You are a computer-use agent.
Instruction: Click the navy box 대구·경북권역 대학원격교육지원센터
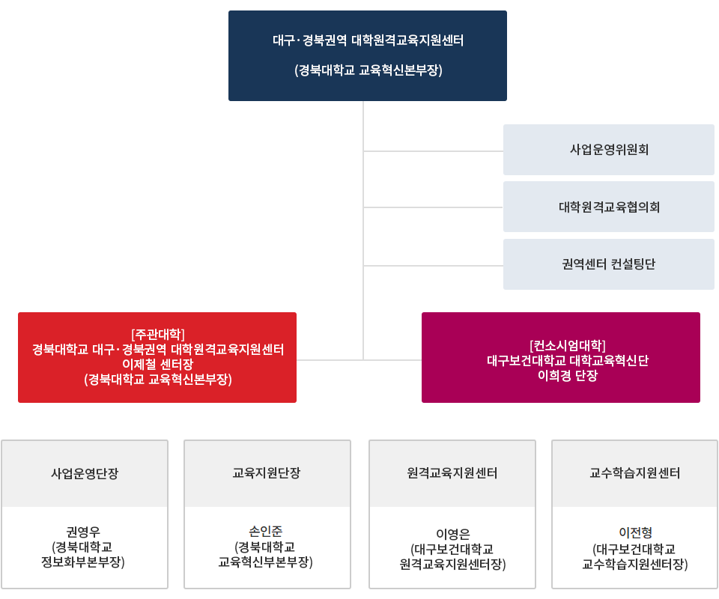[x=367, y=41]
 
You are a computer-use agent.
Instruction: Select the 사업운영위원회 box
[x=608, y=150]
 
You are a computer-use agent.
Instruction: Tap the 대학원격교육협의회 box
[x=608, y=207]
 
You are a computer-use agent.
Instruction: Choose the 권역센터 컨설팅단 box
[x=608, y=264]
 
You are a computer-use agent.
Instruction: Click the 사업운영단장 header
[x=85, y=473]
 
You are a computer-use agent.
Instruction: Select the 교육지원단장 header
[x=267, y=473]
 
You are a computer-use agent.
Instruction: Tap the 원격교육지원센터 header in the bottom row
[x=452, y=473]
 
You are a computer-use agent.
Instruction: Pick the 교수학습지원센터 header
[x=635, y=473]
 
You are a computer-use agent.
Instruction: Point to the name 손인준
[x=266, y=531]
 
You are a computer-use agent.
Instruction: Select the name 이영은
[x=452, y=534]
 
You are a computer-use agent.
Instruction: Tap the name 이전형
[x=635, y=533]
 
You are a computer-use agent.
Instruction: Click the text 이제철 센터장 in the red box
[x=157, y=365]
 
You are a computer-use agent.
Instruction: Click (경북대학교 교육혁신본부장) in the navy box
[x=368, y=70]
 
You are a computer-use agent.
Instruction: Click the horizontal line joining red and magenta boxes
[x=359, y=360]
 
